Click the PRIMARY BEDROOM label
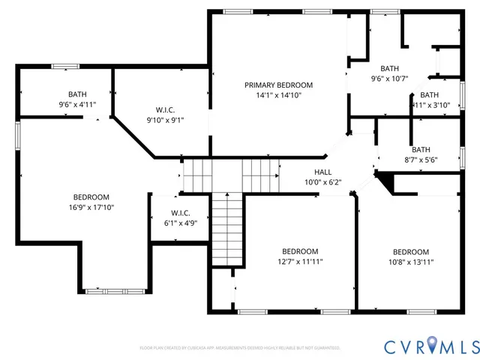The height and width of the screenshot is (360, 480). coord(278,85)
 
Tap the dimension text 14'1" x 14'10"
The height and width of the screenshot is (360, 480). coord(278,95)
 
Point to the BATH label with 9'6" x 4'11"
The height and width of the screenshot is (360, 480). coord(77,94)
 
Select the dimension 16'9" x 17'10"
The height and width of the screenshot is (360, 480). coord(93,207)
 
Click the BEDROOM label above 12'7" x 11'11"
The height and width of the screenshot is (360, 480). coord(299,251)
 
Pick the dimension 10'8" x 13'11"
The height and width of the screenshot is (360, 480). coord(411,262)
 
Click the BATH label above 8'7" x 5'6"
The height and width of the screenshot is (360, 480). coord(421,149)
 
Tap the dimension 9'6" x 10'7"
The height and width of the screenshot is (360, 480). coord(389,78)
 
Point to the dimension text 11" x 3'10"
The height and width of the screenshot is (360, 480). coord(429,105)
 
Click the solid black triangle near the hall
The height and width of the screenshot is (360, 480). coord(385,181)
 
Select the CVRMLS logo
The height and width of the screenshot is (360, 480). coord(431,346)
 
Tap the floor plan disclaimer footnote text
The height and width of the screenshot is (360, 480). coord(240,348)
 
